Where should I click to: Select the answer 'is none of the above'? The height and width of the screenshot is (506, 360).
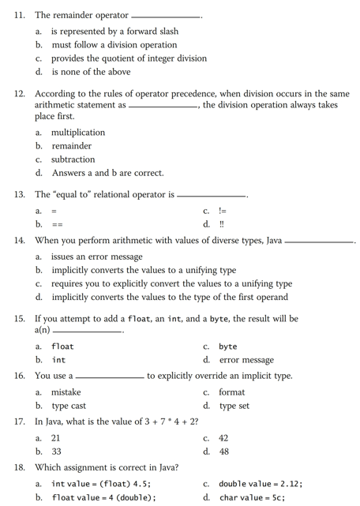tap(91, 72)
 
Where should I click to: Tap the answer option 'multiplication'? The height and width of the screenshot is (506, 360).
tap(78, 133)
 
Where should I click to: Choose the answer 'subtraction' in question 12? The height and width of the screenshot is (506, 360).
tap(73, 159)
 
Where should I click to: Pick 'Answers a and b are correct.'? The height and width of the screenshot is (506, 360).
tap(108, 173)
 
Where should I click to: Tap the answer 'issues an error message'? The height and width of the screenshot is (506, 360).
tap(97, 257)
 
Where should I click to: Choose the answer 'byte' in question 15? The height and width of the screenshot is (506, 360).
tap(228, 347)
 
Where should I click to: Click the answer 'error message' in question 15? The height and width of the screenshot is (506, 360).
tap(246, 360)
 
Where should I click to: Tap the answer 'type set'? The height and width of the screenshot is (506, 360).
tap(234, 406)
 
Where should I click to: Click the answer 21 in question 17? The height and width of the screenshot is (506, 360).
tap(56, 438)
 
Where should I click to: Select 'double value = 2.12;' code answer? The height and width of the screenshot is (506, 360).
tap(261, 484)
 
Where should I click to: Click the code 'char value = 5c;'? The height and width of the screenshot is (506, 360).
tap(252, 497)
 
